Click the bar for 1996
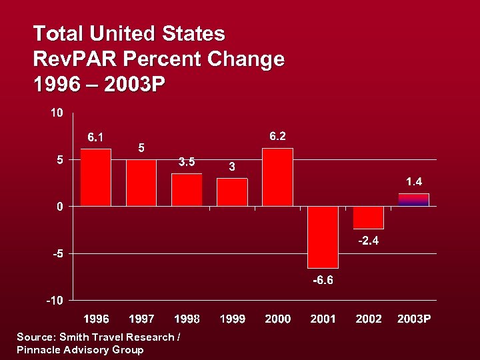click(95, 177)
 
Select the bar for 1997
click(141, 183)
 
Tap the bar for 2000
click(277, 177)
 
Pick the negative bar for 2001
click(323, 237)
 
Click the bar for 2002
click(368, 217)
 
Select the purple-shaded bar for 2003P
click(413, 200)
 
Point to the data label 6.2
click(277, 136)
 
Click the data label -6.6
click(323, 280)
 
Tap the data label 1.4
click(413, 181)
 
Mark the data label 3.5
click(187, 161)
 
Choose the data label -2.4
click(368, 241)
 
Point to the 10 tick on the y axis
click(57, 113)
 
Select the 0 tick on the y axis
click(60, 207)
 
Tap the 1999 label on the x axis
click(232, 319)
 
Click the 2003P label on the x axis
click(413, 319)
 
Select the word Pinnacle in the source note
click(39, 349)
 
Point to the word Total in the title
click(58, 33)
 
